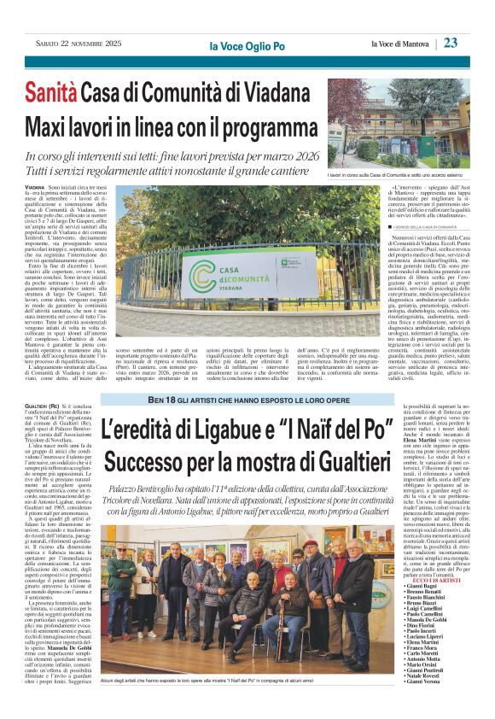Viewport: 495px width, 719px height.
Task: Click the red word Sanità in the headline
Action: (55, 89)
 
